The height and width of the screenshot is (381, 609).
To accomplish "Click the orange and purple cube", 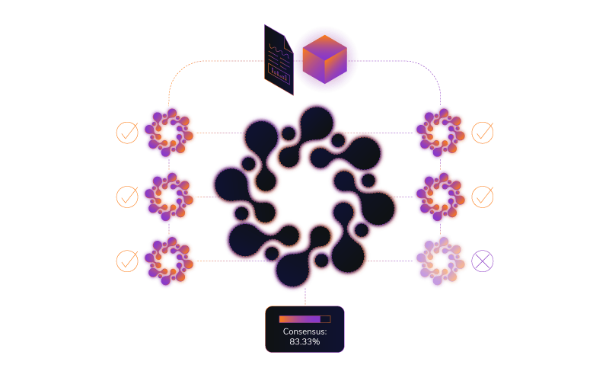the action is (x=325, y=59).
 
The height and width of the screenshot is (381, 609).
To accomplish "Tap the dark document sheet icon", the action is (x=279, y=59).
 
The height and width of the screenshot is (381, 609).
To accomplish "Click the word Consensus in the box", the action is (x=304, y=331).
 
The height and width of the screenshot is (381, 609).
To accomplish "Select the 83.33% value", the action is (x=305, y=341).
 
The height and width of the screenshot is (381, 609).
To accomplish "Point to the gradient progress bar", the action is (x=305, y=319).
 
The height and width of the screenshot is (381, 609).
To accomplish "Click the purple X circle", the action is (x=483, y=261).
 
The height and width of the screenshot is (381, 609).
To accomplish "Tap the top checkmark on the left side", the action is (x=127, y=133).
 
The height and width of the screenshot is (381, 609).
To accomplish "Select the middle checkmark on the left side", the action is (x=127, y=197).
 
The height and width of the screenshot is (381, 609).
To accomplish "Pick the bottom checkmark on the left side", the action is (x=127, y=261).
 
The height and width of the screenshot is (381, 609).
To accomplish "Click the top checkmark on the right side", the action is (x=483, y=133).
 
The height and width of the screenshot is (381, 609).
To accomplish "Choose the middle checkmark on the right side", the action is (x=483, y=197).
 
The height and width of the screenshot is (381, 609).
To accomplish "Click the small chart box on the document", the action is (x=279, y=74).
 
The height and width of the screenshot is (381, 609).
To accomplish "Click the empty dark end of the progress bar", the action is (x=326, y=319).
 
